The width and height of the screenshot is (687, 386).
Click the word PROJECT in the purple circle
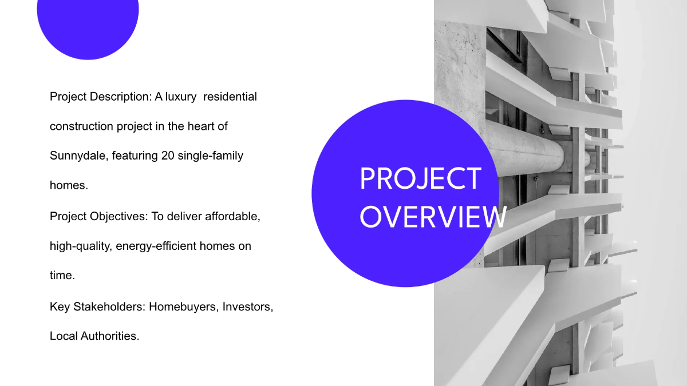420,179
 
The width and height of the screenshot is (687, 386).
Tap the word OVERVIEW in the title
433,217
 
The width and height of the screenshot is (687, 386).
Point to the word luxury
181,97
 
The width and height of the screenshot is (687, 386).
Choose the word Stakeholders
109,307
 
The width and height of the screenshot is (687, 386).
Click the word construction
81,126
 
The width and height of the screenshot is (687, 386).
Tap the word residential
230,97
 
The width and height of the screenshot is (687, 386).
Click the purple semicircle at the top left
88,26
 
